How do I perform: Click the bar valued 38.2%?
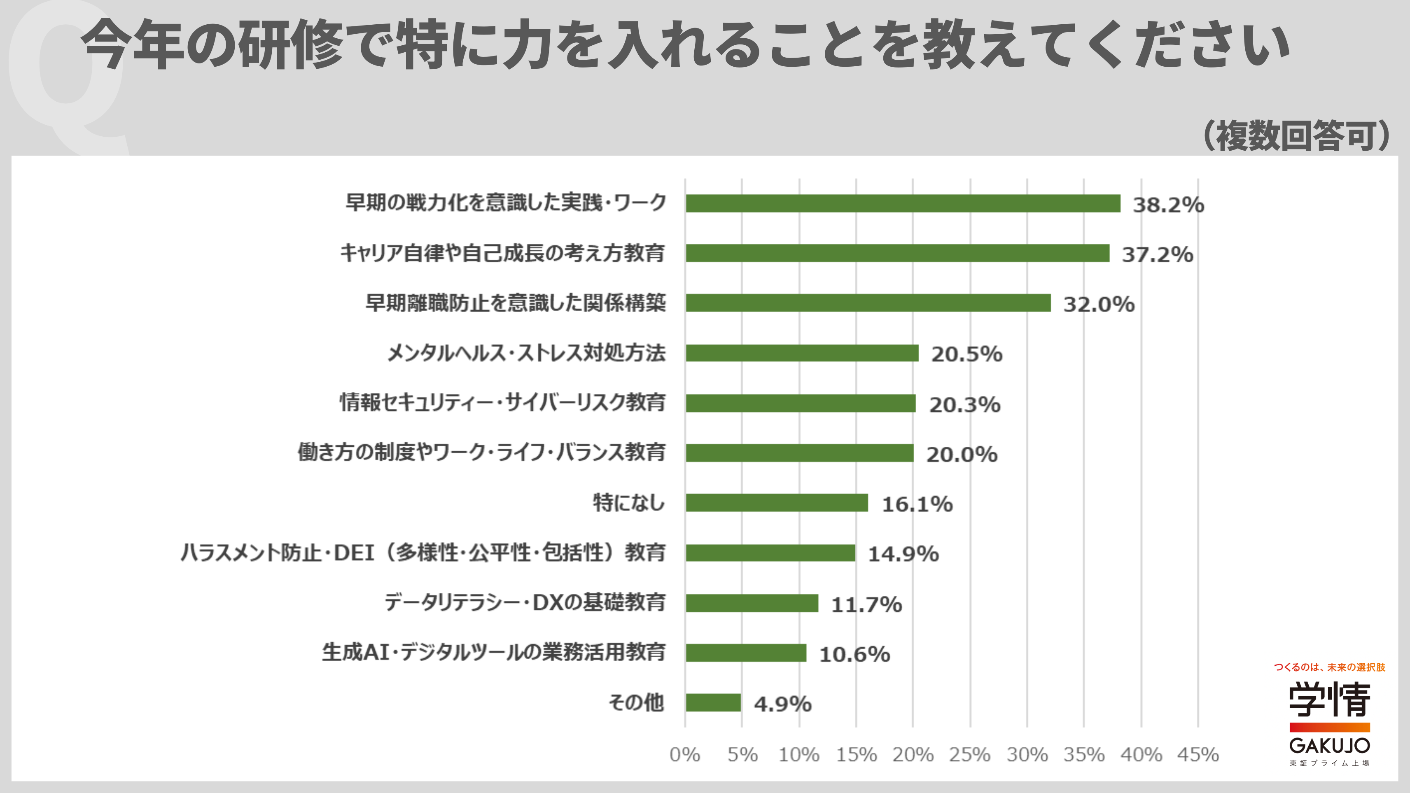pyautogui.click(x=903, y=203)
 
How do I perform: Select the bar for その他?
pyautogui.click(x=713, y=703)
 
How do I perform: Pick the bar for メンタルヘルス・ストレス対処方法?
pyautogui.click(x=802, y=353)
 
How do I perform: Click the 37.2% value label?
pyautogui.click(x=1157, y=254)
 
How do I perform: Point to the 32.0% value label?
pyautogui.click(x=1099, y=304)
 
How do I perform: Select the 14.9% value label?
pyautogui.click(x=903, y=554)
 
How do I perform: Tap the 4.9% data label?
pyautogui.click(x=782, y=704)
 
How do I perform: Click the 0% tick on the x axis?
pyautogui.click(x=685, y=755)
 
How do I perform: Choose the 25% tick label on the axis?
pyautogui.click(x=969, y=755)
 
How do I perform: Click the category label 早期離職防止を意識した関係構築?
pyautogui.click(x=515, y=303)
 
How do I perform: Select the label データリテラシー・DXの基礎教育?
pyautogui.click(x=524, y=602)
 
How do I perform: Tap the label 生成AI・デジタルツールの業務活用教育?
pyautogui.click(x=493, y=652)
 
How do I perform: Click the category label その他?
pyautogui.click(x=636, y=702)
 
